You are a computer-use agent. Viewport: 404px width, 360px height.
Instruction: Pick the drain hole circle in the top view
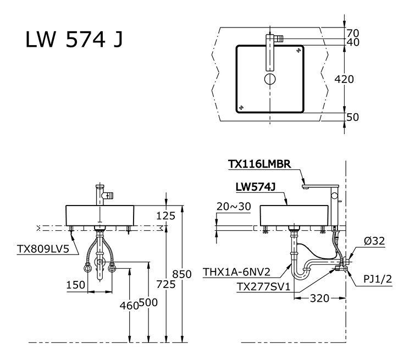click(x=270, y=79)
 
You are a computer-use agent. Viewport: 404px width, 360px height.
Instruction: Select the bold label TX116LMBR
click(x=263, y=164)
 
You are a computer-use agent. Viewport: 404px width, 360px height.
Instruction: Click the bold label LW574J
click(x=255, y=187)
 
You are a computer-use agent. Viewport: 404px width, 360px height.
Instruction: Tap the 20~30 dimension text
click(x=233, y=206)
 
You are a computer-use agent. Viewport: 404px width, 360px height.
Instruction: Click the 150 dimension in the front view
click(x=76, y=285)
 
